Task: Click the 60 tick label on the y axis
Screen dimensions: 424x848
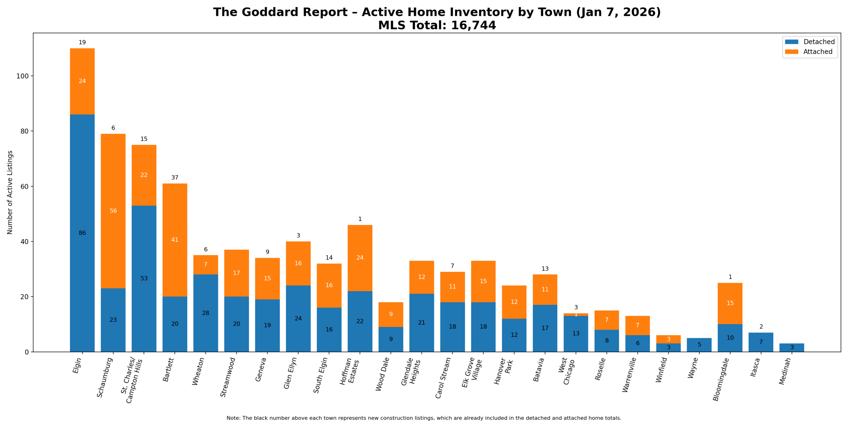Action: coord(25,186)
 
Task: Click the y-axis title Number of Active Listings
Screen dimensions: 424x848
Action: coord(10,192)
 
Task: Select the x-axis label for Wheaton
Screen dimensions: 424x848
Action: coord(198,372)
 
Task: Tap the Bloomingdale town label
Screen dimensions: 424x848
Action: coord(721,379)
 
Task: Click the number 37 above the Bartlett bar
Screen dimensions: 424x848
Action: coord(175,178)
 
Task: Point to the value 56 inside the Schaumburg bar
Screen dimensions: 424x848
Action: coord(113,211)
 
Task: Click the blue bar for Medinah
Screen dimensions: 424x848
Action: coord(792,347)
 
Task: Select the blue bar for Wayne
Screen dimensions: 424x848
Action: coord(699,345)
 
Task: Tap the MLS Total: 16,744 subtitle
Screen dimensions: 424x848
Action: coord(437,26)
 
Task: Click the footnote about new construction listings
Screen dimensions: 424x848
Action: coord(424,418)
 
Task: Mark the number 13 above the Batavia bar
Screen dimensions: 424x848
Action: coord(545,269)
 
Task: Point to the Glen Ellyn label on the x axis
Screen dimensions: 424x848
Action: coord(291,373)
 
